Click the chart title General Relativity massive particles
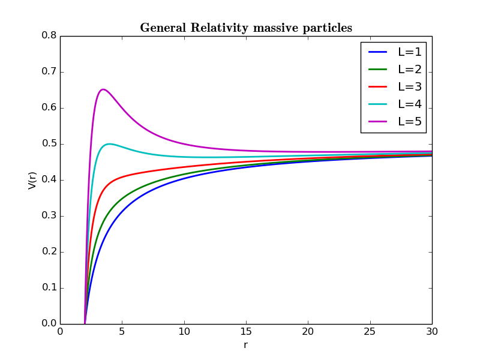coord(246,28)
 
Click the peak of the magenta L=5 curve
coord(103,89)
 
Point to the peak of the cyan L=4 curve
coord(109,144)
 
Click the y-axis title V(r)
coord(33,179)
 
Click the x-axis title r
coord(245,345)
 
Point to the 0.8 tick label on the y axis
coord(49,35)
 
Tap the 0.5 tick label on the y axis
coord(49,143)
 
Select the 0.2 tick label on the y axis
coord(49,251)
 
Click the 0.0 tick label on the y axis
coord(49,323)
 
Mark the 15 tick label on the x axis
coord(246,332)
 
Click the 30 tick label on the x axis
coord(431,332)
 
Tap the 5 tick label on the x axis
coord(122,332)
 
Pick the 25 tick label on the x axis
coord(370,332)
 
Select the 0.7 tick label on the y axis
coord(49,71)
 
